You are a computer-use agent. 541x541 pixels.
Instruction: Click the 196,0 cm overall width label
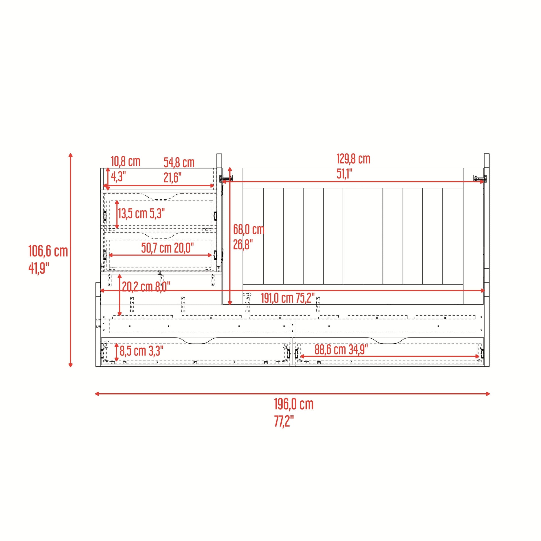pos(294,404)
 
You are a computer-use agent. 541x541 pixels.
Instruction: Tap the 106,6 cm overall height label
pos(48,251)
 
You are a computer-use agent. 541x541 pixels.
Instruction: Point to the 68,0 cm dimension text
pos(249,230)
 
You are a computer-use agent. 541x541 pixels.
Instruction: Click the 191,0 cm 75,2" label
pos(287,298)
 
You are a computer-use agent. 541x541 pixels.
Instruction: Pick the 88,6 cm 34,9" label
pos(341,349)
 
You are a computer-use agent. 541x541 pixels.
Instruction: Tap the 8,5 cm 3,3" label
pos(142,351)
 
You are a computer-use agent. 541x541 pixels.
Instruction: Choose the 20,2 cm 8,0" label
pos(146,286)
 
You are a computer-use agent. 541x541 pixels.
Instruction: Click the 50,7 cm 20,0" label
pos(167,248)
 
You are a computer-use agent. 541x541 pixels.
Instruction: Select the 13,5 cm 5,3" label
pos(141,214)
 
